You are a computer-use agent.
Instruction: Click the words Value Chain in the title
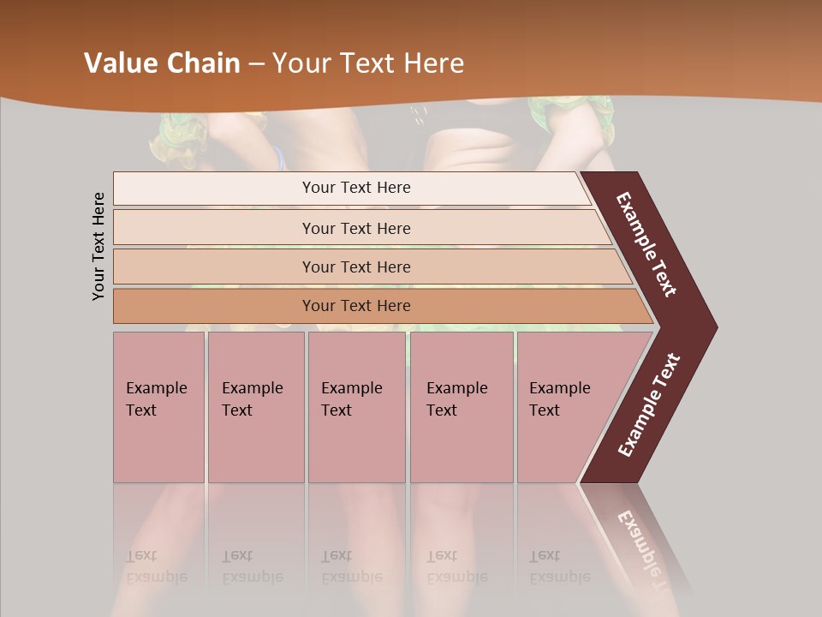(x=162, y=63)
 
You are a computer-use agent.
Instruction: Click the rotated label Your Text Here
(x=98, y=246)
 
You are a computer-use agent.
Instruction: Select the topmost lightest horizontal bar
(x=214, y=188)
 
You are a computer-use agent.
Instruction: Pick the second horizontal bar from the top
(x=214, y=228)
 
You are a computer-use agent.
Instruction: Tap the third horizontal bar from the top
(x=214, y=267)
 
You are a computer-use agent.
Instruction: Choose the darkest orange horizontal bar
(x=214, y=306)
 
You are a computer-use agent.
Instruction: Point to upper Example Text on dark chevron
(x=646, y=244)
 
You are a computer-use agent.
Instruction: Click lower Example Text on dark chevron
(x=649, y=405)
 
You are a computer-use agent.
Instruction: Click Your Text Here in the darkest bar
(x=356, y=306)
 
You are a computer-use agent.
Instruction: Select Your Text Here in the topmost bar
(x=356, y=188)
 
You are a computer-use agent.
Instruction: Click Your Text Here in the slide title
(x=368, y=63)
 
